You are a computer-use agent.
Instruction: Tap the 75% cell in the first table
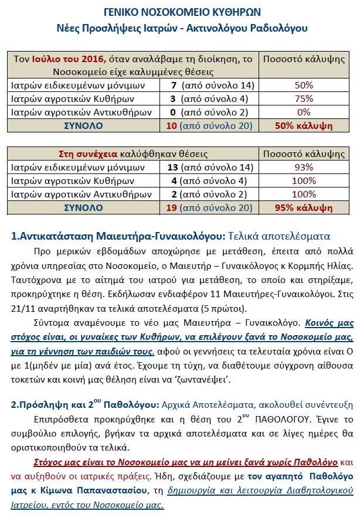304,98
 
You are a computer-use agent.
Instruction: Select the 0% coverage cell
304,112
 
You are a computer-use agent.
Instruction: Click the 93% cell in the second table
304,168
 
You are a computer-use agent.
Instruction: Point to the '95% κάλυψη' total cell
304,208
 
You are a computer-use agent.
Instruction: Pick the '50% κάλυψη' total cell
304,126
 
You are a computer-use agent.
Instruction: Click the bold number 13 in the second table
173,168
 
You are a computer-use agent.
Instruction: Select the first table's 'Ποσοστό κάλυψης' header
304,59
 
